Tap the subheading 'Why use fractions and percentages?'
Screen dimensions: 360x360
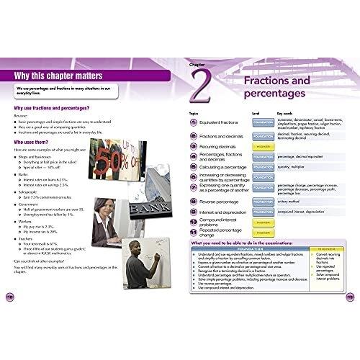tap(56, 108)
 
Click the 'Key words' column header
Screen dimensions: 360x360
tap(284, 113)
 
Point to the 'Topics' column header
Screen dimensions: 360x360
tap(193, 113)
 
